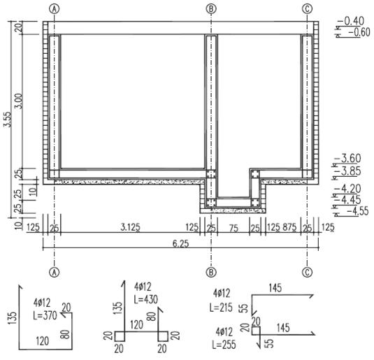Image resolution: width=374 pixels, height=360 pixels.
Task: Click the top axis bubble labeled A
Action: click(55, 9)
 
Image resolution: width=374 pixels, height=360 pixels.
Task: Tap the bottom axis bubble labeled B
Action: click(211, 272)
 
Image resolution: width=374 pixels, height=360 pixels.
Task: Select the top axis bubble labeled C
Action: click(307, 9)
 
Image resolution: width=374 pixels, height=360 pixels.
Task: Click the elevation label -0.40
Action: click(351, 21)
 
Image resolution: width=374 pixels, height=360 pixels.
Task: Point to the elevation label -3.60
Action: click(348, 158)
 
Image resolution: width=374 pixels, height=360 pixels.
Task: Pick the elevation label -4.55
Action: click(358, 211)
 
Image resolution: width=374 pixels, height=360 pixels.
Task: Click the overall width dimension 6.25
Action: click(180, 243)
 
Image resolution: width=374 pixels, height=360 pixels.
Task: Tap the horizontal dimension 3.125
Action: click(130, 227)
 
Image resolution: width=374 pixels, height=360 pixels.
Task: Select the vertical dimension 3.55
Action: click(7, 120)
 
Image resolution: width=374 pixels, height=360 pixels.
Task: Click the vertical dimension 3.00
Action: click(18, 101)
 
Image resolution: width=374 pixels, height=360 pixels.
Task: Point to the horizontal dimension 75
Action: click(233, 229)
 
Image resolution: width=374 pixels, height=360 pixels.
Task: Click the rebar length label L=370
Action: click(45, 315)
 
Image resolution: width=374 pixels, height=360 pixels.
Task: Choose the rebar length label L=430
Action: click(145, 299)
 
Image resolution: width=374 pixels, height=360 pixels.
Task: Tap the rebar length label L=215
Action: click(221, 308)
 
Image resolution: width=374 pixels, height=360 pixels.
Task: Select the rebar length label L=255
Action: click(224, 344)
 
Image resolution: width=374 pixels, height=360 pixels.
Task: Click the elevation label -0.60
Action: click(359, 32)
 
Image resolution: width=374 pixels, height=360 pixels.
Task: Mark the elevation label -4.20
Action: click(348, 189)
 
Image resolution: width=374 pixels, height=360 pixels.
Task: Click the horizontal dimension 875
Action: click(289, 227)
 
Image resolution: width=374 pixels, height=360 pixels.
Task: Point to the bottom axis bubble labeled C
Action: click(307, 272)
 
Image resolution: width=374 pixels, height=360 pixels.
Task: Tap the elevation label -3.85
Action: click(348, 171)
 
